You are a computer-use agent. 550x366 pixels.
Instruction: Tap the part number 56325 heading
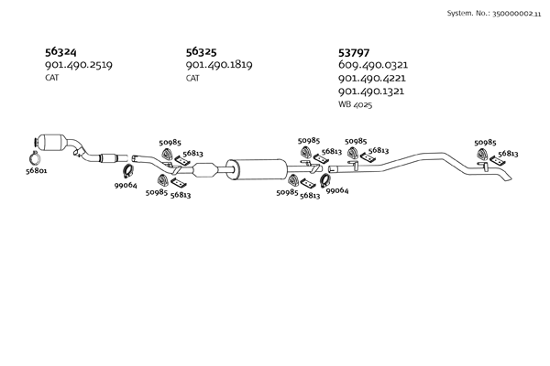tap(203, 52)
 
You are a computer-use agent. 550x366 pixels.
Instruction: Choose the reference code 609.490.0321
tap(372, 66)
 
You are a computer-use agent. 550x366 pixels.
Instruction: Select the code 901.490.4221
tap(372, 79)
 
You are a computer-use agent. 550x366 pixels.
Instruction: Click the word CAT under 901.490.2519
tap(52, 79)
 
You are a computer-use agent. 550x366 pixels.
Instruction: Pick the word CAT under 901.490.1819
tap(192, 79)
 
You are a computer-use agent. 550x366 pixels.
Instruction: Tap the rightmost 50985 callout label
tap(485, 143)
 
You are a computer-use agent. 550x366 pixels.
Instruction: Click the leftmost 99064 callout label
tap(126, 186)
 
